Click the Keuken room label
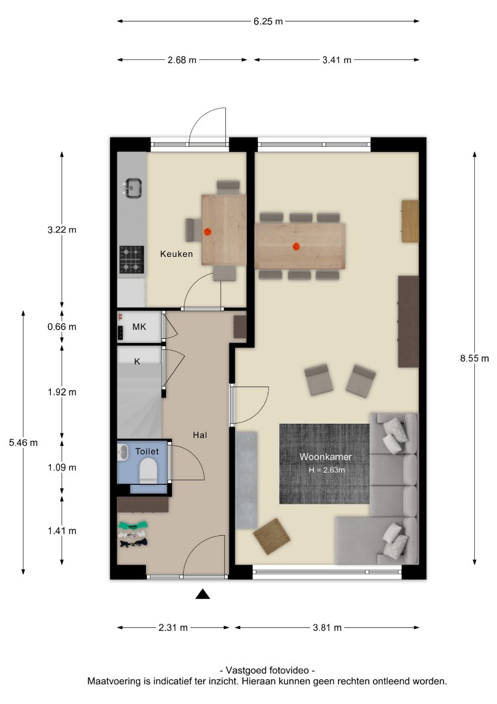pos(177,254)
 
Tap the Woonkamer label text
pos(326,456)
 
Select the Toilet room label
pos(147,451)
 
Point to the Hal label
pos(199,435)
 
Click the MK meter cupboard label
pos(139,327)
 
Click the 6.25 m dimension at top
pos(268,21)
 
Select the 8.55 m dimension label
pos(474,359)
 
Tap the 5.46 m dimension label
pos(23,443)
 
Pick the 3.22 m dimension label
pos(62,230)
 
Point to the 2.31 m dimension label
pos(173,628)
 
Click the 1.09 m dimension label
pos(62,467)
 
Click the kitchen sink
pos(133,188)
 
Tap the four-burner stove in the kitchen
pos(132,259)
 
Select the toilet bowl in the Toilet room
pos(148,473)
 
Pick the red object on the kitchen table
pos(208,231)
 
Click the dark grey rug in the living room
pos(324,464)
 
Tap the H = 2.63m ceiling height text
pos(326,470)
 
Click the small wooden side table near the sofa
pos(272,536)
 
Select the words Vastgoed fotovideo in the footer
pos(267,670)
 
